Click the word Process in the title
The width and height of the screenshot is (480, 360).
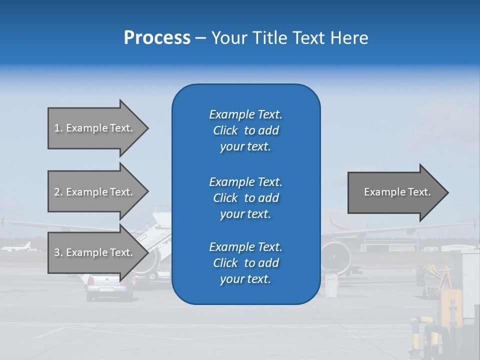tap(157, 38)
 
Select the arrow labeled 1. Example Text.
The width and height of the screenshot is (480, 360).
tap(95, 128)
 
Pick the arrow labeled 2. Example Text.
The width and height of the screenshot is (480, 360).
tap(95, 192)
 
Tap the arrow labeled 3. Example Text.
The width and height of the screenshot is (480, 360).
tap(95, 252)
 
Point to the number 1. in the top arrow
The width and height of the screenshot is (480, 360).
tap(58, 128)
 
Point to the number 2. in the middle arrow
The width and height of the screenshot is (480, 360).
tap(58, 192)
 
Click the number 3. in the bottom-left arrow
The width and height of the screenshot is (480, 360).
tap(58, 252)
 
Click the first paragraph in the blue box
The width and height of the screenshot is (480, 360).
tap(245, 130)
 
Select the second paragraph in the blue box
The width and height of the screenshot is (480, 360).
tap(245, 198)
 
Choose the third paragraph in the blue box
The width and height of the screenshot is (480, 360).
tap(245, 263)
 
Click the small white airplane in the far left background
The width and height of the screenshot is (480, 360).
tap(17, 247)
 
